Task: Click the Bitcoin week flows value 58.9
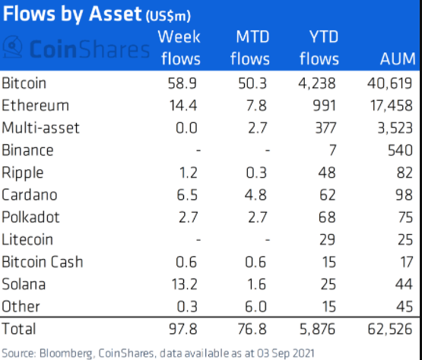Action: tap(182, 84)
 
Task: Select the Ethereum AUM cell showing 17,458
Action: tap(392, 106)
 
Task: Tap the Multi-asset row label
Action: tap(40, 128)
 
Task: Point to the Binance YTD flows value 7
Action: tap(332, 150)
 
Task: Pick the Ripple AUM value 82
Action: tap(405, 172)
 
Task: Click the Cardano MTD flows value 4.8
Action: tap(255, 195)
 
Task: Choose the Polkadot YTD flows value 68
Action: tap(327, 217)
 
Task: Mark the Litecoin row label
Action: tap(27, 239)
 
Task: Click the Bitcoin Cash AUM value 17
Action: tap(407, 262)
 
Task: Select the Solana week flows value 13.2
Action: tap(184, 284)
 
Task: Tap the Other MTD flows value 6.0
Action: tap(255, 307)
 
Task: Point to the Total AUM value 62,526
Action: tap(390, 329)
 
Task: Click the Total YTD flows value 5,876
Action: tap(318, 329)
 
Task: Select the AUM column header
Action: tap(398, 59)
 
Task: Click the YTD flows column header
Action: tap(319, 48)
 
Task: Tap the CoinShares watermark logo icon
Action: tap(12, 46)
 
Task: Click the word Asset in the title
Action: tap(115, 14)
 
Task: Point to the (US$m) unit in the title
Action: tap(168, 17)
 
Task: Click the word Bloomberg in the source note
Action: tap(66, 353)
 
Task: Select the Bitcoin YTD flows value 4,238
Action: tap(317, 84)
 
